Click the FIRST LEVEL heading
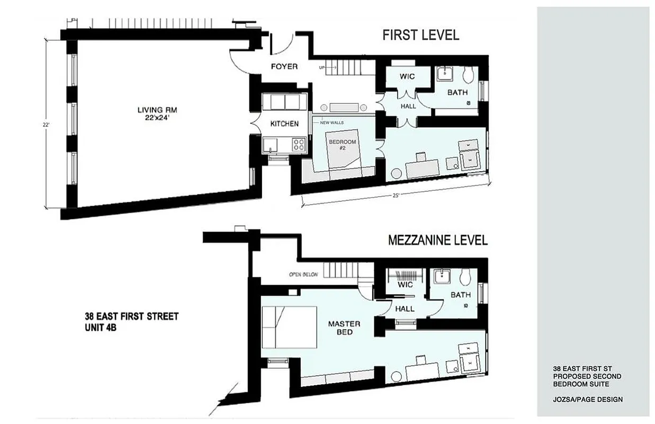click(420, 35)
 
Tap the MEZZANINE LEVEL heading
click(437, 240)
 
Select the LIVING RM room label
click(157, 114)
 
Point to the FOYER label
click(284, 67)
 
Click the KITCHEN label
click(284, 123)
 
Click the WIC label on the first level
click(407, 76)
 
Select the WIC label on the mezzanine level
click(405, 285)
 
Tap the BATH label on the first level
click(457, 92)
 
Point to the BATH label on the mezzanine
click(461, 295)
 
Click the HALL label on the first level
click(408, 106)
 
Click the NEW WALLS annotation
click(332, 122)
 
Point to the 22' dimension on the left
click(47, 125)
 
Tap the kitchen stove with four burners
click(299, 144)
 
